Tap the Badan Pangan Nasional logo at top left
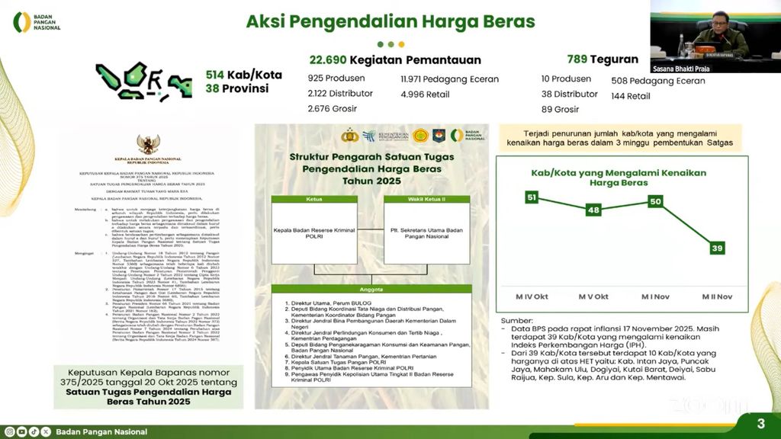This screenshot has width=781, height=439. [x=37, y=22]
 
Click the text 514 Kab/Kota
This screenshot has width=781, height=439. [x=243, y=75]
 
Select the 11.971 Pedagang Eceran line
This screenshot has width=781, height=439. [x=449, y=79]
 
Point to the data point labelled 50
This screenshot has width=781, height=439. [x=654, y=201]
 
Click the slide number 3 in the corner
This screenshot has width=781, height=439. [x=760, y=424]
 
